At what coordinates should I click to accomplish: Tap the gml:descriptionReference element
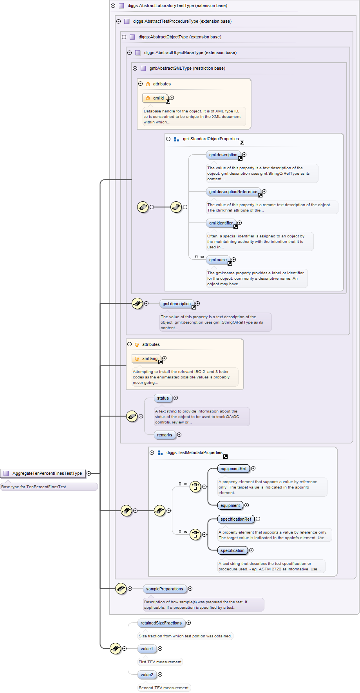tap(233, 192)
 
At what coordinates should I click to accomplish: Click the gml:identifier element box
tap(221, 223)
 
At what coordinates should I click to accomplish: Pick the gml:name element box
tap(218, 260)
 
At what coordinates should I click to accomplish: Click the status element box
tap(163, 398)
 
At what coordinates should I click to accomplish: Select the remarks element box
tap(165, 435)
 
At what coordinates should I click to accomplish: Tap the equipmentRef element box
tap(233, 469)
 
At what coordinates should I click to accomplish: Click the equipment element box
tap(230, 506)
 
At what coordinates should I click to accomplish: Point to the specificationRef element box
tap(236, 519)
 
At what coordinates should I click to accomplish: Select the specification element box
tap(232, 551)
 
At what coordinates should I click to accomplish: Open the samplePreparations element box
tap(165, 589)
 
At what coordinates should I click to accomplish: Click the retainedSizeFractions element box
tap(161, 623)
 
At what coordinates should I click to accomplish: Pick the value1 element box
tap(147, 649)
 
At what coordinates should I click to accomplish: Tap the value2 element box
tap(147, 675)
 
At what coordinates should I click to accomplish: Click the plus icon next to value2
tap(160, 675)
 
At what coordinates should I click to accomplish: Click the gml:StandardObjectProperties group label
tap(211, 139)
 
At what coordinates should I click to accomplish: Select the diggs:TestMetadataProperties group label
tap(194, 453)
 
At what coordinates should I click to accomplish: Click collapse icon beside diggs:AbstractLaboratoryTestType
tap(113, 6)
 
